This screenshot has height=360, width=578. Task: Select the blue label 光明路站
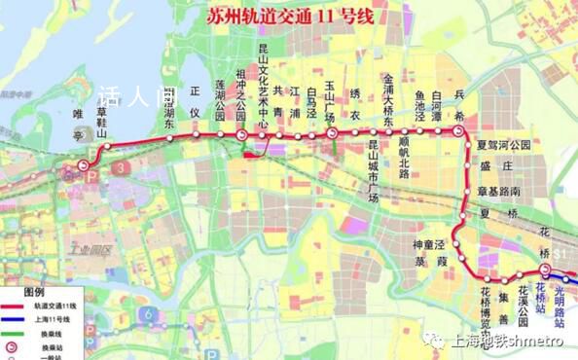pyautogui.click(x=560, y=298)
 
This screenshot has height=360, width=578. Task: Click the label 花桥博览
pyautogui.click(x=485, y=306)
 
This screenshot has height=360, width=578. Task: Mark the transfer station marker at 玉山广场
pyautogui.click(x=332, y=133)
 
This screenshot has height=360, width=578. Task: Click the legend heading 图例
pyautogui.click(x=36, y=291)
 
